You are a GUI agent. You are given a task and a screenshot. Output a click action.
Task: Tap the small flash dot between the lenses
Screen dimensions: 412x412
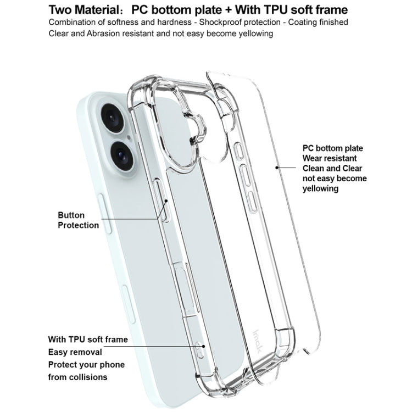[x=129, y=138]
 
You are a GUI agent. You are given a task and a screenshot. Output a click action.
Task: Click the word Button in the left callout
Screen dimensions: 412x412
[x=71, y=215]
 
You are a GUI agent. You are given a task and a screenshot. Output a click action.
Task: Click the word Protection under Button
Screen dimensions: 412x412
[x=79, y=225]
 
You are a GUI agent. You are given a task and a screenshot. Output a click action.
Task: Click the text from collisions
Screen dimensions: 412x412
[x=77, y=377]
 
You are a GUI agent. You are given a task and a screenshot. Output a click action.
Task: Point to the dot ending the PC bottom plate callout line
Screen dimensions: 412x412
[x=276, y=166]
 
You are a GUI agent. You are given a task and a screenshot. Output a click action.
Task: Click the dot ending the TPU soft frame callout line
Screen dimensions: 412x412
[x=204, y=346]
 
